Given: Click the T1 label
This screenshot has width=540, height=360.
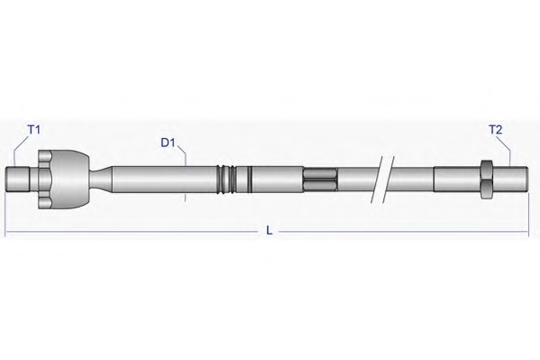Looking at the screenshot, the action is (33, 130).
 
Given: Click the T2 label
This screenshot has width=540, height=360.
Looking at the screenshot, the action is (495, 130).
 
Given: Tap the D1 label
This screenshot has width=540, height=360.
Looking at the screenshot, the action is (168, 143).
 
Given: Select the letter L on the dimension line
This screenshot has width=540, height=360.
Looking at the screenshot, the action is (270, 230).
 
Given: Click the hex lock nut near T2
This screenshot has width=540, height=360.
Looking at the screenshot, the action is (486, 180).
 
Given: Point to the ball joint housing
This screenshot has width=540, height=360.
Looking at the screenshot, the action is (70, 180).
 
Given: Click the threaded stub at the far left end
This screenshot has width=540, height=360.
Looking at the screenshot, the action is (18, 180).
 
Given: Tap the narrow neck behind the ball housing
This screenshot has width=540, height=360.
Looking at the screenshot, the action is (101, 180).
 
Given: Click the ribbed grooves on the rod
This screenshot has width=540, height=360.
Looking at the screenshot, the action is (226, 180).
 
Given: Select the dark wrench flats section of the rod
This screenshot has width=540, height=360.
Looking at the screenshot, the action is (320, 180).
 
